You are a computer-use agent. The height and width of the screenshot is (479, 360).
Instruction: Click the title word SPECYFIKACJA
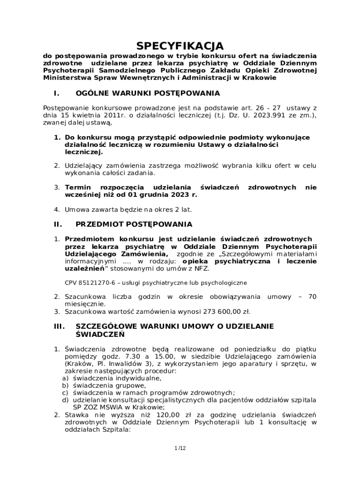[x=180, y=46]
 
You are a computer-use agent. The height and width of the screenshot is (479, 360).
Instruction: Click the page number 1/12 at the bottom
[x=180, y=448]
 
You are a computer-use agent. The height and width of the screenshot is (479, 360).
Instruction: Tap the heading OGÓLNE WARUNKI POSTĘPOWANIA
[x=148, y=93]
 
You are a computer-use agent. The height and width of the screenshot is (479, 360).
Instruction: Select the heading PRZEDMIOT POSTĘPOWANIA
[x=134, y=225]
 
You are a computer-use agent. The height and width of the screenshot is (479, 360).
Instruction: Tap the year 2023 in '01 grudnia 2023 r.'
[x=178, y=194]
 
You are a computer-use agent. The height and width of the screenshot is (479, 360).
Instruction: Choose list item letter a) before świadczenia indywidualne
[x=66, y=378]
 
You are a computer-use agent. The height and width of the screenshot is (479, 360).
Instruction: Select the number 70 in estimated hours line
[x=312, y=297]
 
